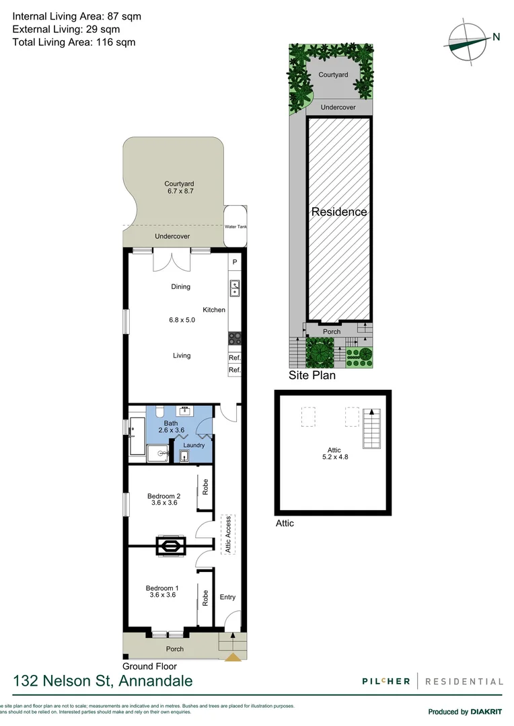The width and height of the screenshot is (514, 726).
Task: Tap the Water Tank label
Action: tap(236, 227)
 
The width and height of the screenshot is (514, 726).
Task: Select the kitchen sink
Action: tap(234, 288)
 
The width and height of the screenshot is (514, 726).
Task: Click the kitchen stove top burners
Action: tap(234, 339)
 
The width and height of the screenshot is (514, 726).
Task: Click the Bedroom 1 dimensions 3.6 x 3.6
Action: tap(161, 594)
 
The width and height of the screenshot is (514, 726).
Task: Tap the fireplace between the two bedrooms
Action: tap(172, 547)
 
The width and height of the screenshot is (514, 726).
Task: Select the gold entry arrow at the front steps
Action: tap(233, 657)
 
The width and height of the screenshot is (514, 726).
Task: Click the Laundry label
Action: tap(194, 445)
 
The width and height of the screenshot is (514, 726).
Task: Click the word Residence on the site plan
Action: tap(339, 212)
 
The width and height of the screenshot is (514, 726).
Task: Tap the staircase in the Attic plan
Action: tap(371, 428)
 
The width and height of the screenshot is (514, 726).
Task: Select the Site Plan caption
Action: tap(312, 376)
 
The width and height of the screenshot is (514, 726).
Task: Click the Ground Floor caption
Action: tap(149, 666)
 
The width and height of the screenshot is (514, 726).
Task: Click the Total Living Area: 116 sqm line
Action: tap(74, 42)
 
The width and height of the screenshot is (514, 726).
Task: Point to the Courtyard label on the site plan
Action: tap(333, 75)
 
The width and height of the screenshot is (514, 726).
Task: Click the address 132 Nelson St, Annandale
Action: tap(102, 681)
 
